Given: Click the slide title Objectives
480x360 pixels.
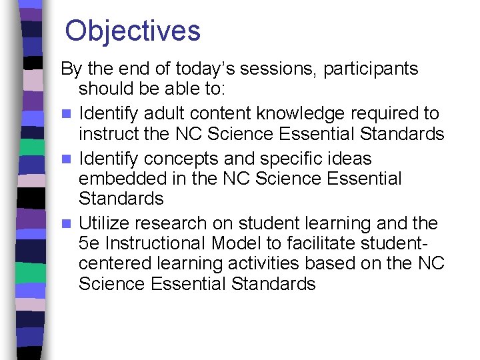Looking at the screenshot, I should tap(133, 31).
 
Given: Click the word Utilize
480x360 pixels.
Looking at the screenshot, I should tap(107, 223).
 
